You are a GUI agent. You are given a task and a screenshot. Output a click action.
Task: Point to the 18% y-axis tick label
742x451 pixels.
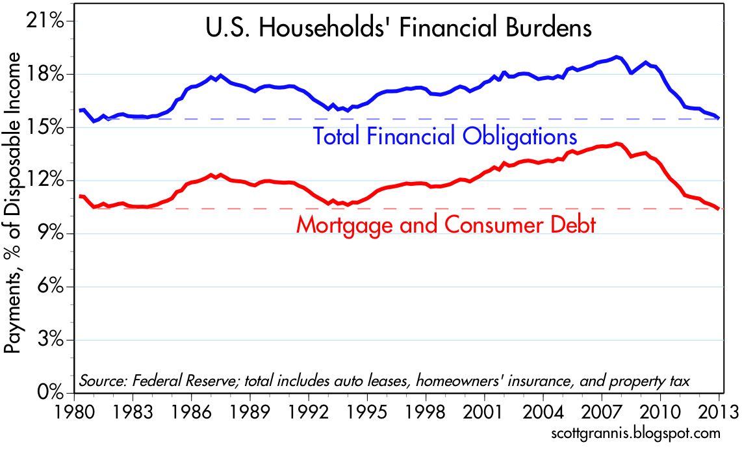click(x=47, y=75)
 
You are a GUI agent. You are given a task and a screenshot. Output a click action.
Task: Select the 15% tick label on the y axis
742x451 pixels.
click(x=47, y=128)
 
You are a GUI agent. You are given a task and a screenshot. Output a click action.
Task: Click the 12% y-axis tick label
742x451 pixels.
click(x=47, y=181)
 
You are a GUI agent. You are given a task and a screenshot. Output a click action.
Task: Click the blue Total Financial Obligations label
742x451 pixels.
click(x=445, y=137)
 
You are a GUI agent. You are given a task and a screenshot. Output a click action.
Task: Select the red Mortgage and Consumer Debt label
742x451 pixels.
click(x=446, y=225)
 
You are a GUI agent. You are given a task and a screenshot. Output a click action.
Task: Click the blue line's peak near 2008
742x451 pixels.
click(x=617, y=57)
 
